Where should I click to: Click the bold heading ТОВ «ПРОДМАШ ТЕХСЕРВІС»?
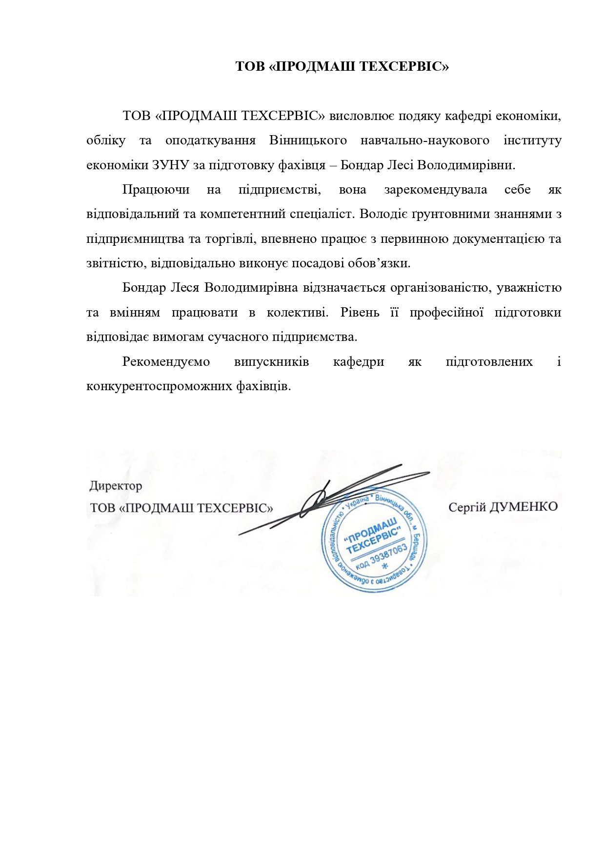pyautogui.click(x=342, y=66)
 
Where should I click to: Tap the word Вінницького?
pyautogui.click(x=308, y=140)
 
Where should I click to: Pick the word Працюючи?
pyautogui.click(x=156, y=190)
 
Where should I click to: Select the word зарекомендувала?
pyautogui.click(x=435, y=190)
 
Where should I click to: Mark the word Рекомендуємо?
pyautogui.click(x=166, y=362)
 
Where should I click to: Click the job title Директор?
pyautogui.click(x=116, y=486)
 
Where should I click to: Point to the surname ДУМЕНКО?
pyautogui.click(x=523, y=507)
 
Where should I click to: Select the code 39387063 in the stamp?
pyautogui.click(x=388, y=555)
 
